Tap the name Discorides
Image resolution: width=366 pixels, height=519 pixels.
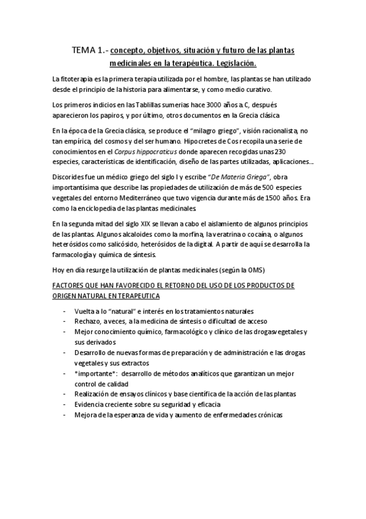(x=72, y=176)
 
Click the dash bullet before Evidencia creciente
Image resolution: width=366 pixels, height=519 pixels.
(x=65, y=405)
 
